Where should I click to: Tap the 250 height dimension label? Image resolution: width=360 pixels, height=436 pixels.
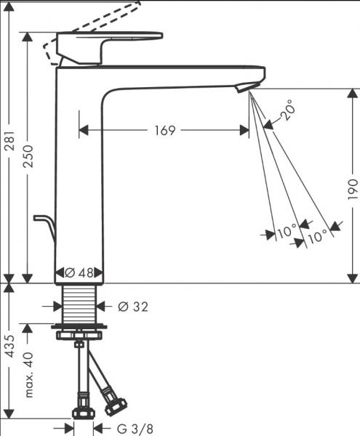pyautogui.click(x=28, y=156)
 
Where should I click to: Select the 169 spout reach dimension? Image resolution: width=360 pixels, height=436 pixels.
pyautogui.click(x=165, y=130)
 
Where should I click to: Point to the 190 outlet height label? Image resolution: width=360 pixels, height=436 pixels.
pyautogui.click(x=353, y=189)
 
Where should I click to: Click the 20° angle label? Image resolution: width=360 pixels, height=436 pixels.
pyautogui.click(x=287, y=110)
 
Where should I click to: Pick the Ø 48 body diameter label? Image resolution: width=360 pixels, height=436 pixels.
pyautogui.click(x=79, y=273)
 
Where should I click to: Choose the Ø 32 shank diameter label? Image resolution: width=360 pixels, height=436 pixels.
pyautogui.click(x=133, y=307)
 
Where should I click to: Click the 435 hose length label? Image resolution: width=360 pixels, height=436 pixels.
pyautogui.click(x=10, y=347)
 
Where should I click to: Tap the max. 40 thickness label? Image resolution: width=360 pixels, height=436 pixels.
pyautogui.click(x=28, y=375)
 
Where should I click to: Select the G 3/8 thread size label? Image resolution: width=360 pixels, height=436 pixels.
pyautogui.click(x=135, y=429)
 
